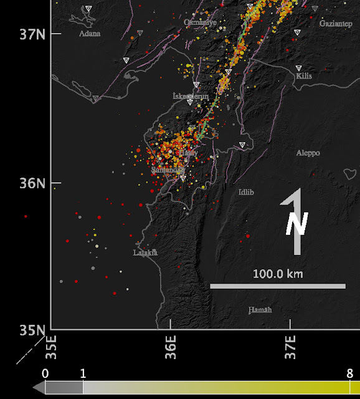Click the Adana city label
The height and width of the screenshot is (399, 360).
pos(90,34)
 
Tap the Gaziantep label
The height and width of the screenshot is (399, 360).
pos(336,23)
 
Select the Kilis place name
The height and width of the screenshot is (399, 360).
pos(304,76)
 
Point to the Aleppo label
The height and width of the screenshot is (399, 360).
pos(308,153)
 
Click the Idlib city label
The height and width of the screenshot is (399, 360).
pos(246,192)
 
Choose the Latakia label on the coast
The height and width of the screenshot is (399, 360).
pos(146,252)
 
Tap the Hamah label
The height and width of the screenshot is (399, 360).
pos(260,310)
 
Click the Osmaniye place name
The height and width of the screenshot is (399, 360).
pos(200,22)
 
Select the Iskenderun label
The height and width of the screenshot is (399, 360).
pos(191,95)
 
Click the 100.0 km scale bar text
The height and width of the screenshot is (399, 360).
pos(277,274)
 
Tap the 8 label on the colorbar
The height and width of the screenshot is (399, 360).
pos(351,373)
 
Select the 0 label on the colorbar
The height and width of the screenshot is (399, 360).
pos(45,373)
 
